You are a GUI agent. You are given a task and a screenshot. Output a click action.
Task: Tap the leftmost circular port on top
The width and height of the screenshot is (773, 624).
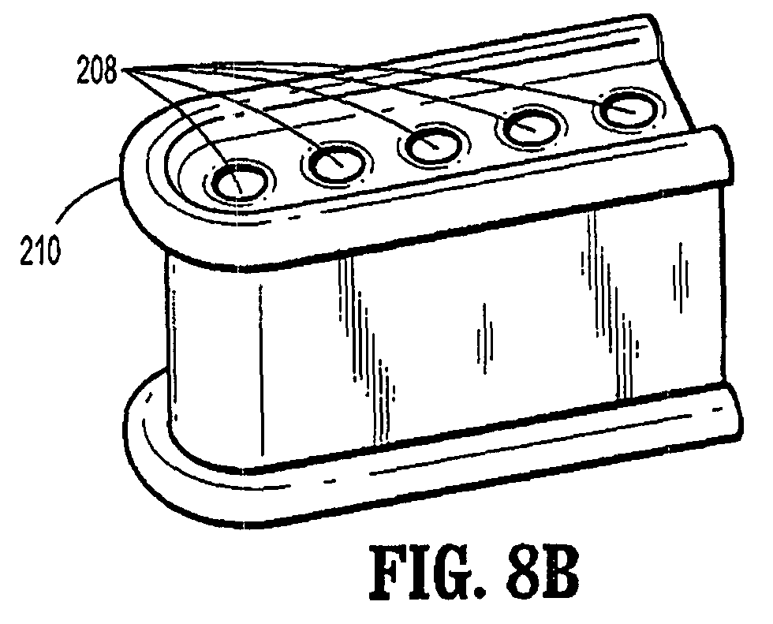point(238,181)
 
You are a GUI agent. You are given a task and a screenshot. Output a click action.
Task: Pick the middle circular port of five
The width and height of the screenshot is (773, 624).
point(433,144)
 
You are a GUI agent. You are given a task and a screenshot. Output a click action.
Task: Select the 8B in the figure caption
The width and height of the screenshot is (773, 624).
point(543,574)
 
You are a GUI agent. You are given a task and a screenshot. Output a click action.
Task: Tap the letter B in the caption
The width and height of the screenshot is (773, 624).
point(561,574)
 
